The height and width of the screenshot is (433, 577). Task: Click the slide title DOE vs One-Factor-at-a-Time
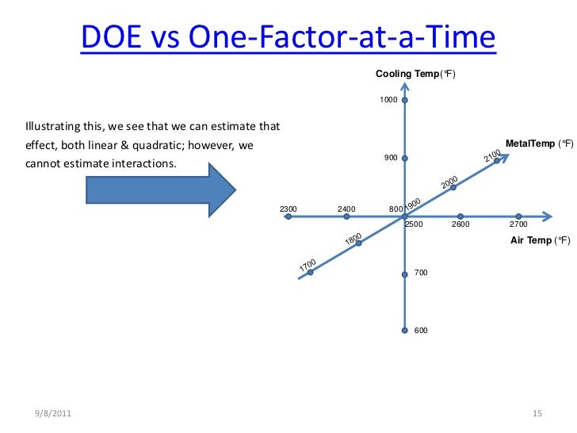tap(288, 38)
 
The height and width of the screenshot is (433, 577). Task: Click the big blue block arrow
tap(159, 189)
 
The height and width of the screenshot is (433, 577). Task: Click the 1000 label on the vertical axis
tap(388, 101)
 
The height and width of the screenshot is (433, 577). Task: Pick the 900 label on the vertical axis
tap(391, 158)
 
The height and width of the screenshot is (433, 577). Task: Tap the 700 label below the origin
tap(421, 273)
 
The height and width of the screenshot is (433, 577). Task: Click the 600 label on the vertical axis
tap(421, 330)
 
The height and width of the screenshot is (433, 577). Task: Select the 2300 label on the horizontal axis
tap(288, 209)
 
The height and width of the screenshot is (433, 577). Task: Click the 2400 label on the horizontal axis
tap(346, 209)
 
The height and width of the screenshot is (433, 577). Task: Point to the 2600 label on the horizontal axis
tap(460, 224)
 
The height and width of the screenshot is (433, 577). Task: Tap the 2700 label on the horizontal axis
tap(518, 224)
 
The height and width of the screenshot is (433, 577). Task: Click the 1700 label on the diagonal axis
tap(308, 265)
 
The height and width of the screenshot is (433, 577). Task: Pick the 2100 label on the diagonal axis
tap(491, 156)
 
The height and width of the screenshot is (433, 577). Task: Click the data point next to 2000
tap(453, 188)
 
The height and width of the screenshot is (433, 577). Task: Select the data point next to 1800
tap(358, 243)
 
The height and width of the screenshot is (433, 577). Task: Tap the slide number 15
tap(536, 415)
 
